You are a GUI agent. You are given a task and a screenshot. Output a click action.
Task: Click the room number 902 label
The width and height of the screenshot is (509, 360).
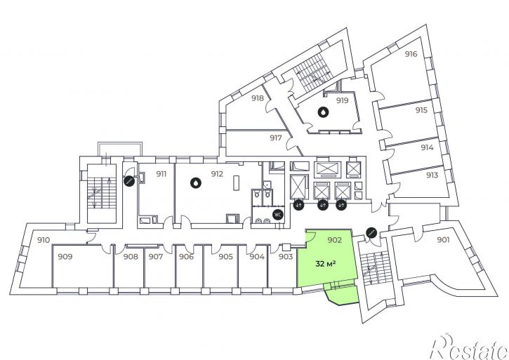click(334, 240)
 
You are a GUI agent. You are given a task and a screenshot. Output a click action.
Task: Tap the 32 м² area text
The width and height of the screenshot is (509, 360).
click(325, 264)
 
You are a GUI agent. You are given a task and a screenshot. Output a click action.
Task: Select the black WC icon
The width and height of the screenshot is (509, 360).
click(277, 214)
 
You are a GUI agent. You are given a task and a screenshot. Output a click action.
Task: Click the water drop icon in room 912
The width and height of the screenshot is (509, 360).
click(196, 183)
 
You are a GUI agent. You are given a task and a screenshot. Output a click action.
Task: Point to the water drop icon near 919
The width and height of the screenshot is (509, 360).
click(323, 112)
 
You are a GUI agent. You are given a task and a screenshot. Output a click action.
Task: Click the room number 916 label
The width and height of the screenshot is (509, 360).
click(411, 54)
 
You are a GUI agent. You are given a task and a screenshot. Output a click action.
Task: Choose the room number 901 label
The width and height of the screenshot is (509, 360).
click(443, 240)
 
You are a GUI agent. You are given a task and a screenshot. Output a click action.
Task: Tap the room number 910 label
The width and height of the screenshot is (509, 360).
click(43, 240)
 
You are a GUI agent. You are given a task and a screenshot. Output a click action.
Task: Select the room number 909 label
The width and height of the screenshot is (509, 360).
click(65, 257)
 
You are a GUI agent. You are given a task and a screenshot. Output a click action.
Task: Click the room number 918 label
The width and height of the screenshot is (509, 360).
click(258, 98)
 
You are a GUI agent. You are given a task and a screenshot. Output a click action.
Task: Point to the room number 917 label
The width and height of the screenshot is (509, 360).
click(276, 138)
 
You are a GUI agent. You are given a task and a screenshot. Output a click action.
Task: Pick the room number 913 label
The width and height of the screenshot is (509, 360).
click(432, 175)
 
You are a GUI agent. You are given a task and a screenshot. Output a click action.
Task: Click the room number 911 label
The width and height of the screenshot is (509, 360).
click(161, 174)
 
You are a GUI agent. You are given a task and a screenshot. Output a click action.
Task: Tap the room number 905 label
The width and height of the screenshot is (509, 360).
click(225, 257)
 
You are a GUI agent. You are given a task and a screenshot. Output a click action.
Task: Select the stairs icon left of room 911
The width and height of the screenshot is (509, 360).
click(129, 181)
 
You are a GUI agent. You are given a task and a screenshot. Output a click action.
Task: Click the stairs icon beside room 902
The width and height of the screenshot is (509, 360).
click(371, 232)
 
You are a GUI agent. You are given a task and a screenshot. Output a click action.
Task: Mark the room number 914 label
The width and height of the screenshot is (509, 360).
click(427, 147)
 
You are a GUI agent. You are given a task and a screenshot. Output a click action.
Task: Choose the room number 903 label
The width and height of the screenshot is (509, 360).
click(286, 257)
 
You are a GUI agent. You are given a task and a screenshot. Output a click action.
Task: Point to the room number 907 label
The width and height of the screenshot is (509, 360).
click(155, 257)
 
